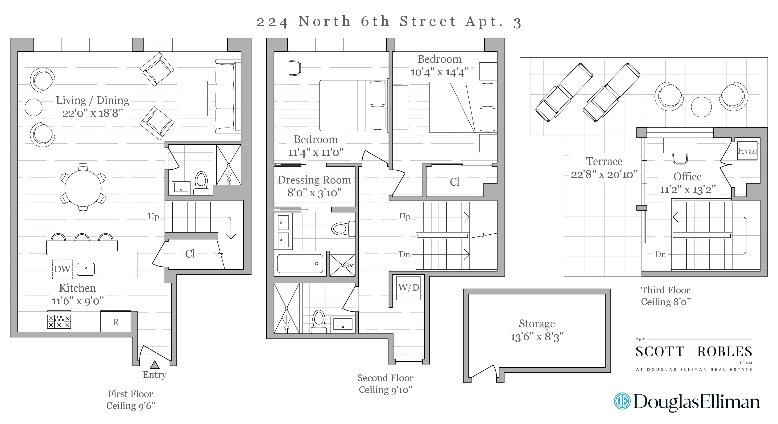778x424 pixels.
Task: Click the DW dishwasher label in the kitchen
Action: pyautogui.click(x=62, y=269)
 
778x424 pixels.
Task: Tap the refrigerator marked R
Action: pyautogui.click(x=116, y=322)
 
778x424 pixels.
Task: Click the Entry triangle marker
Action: pyautogui.click(x=155, y=365)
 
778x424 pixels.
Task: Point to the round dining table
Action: pyautogui.click(x=83, y=188)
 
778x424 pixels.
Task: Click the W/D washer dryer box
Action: pyautogui.click(x=408, y=288)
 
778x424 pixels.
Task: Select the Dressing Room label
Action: pyautogui.click(x=315, y=180)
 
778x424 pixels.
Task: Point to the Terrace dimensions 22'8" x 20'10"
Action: pyautogui.click(x=604, y=174)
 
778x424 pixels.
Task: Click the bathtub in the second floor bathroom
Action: pyautogui.click(x=300, y=263)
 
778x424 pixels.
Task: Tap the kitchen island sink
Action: pyautogui.click(x=86, y=269)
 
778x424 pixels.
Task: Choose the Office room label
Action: pyautogui.click(x=687, y=176)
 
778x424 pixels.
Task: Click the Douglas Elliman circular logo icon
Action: pyautogui.click(x=622, y=401)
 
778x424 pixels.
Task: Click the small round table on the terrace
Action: pyautogui.click(x=701, y=107)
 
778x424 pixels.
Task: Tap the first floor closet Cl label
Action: pyautogui.click(x=190, y=254)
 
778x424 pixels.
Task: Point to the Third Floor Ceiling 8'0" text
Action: pyautogui.click(x=666, y=296)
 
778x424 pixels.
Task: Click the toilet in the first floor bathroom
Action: pyautogui.click(x=201, y=183)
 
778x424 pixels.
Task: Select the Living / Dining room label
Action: pyautogui.click(x=92, y=100)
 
